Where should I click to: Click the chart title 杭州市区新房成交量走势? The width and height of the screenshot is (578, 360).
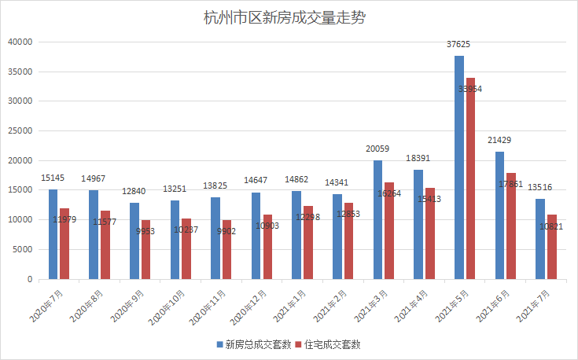click(x=288, y=17)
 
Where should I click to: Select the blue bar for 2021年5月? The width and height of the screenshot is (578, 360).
click(x=459, y=167)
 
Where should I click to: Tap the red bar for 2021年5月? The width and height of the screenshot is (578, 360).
click(x=470, y=178)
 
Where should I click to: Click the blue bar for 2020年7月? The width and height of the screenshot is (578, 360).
click(x=53, y=234)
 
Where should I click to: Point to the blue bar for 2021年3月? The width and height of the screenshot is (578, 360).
click(x=377, y=219)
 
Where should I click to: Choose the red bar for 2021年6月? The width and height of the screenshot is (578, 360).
click(x=511, y=226)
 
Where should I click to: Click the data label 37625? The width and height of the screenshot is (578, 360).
click(x=460, y=46)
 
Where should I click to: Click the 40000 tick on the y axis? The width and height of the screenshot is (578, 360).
click(x=18, y=42)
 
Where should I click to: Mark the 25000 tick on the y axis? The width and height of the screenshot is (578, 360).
click(x=18, y=130)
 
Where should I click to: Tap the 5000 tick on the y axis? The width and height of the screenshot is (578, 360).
click(x=20, y=249)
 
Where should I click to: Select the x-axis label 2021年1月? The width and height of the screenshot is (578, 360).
click(x=295, y=303)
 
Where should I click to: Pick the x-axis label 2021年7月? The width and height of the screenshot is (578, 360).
click(x=539, y=303)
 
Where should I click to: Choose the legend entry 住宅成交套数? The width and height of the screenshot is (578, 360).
click(x=333, y=344)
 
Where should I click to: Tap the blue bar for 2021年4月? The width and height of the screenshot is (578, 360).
click(x=418, y=224)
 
